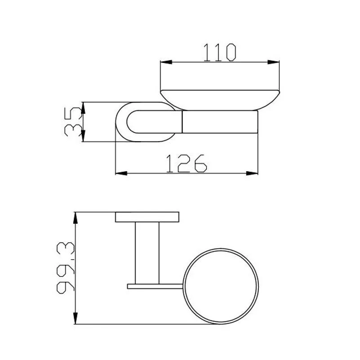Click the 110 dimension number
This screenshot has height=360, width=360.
220,52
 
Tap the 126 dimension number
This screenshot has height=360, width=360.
186,163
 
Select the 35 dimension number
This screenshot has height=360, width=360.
73,122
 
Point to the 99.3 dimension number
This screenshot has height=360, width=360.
66,268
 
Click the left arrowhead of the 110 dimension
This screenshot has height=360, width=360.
166,62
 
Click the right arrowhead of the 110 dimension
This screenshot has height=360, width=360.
273,62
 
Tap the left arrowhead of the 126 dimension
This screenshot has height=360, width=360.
121,173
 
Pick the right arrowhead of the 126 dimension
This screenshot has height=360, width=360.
252,173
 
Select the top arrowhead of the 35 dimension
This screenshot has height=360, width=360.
83,108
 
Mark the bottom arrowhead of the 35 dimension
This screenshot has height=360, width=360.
83,136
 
